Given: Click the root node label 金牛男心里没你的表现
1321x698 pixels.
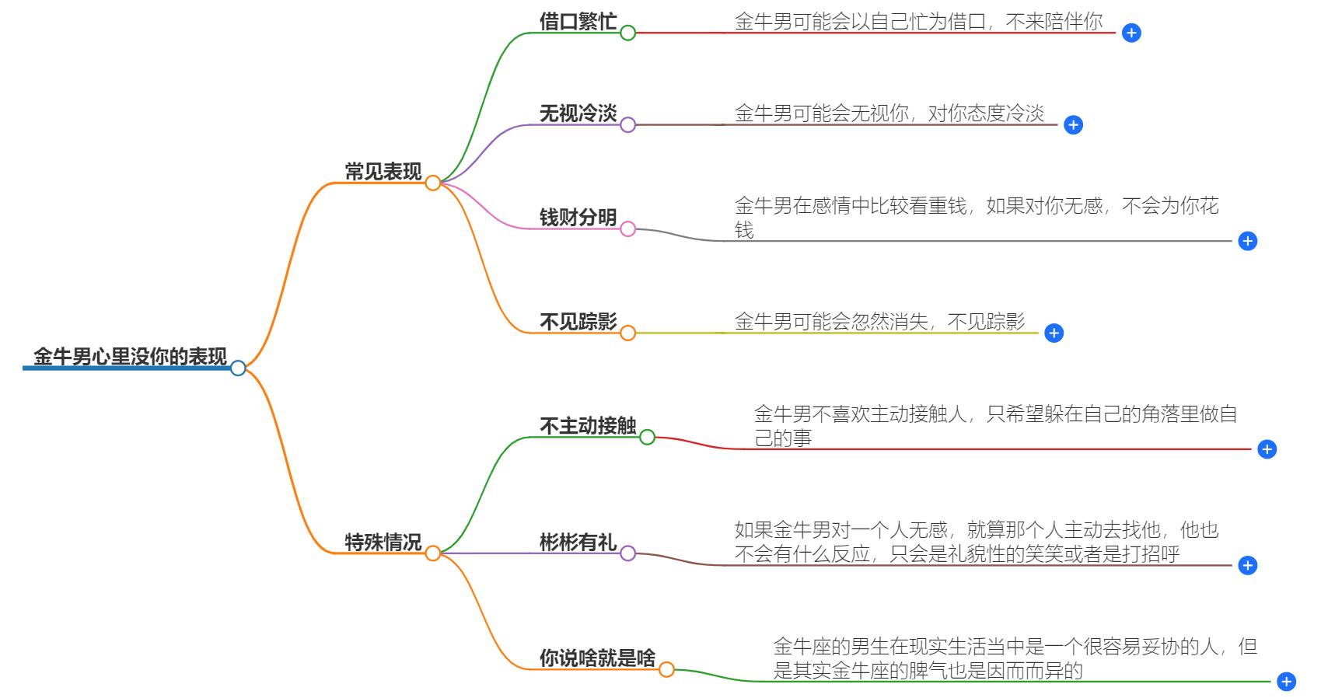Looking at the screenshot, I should click(130, 357).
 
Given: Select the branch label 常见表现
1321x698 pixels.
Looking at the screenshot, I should click(383, 172).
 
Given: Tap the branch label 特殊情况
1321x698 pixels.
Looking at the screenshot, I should click(383, 542).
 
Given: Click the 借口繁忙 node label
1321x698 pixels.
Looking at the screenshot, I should click(578, 21).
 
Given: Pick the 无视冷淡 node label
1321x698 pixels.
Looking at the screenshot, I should click(578, 113).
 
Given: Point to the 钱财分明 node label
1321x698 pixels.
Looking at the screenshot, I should click(578, 218).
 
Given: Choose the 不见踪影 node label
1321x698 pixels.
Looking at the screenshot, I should click(578, 322).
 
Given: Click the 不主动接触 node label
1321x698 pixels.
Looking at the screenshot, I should click(588, 426).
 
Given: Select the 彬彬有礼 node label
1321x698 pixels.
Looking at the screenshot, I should click(578, 542).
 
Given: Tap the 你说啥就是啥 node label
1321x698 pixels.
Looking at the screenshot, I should click(597, 658).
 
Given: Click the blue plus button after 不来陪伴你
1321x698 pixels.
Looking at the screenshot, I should click(1131, 33).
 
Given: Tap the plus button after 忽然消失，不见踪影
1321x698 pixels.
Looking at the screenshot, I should click(1054, 333).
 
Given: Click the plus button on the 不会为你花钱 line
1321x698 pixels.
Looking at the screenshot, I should click(1247, 241).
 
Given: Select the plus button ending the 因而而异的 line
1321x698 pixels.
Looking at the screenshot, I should click(1286, 682).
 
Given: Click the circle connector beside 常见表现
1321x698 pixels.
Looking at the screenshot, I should click(433, 183).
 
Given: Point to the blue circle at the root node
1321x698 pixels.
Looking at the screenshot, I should click(238, 368).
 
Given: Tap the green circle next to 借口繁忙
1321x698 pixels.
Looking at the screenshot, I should click(627, 33).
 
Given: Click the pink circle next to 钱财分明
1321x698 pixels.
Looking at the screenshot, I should click(627, 229).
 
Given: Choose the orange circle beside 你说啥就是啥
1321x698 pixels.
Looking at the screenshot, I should click(666, 669).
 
